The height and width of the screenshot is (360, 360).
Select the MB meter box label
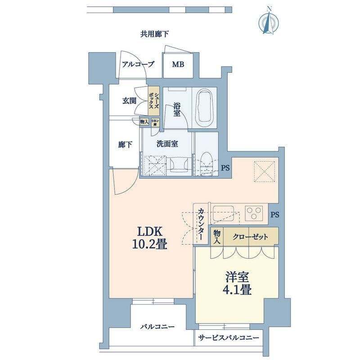(178, 64)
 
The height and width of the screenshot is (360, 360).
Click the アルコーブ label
(138, 64)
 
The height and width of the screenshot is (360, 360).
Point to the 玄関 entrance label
(130, 101)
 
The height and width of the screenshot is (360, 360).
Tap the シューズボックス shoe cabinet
(154, 102)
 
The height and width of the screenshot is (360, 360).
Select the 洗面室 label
(167, 144)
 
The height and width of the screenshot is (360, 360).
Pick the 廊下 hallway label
(125, 145)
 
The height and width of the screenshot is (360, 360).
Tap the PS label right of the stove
(274, 215)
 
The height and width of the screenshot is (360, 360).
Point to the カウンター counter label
(200, 225)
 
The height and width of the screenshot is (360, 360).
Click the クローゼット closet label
(251, 237)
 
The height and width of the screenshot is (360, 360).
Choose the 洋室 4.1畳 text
(237, 283)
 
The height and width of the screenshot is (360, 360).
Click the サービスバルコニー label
(229, 338)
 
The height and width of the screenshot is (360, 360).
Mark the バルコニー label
(157, 327)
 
